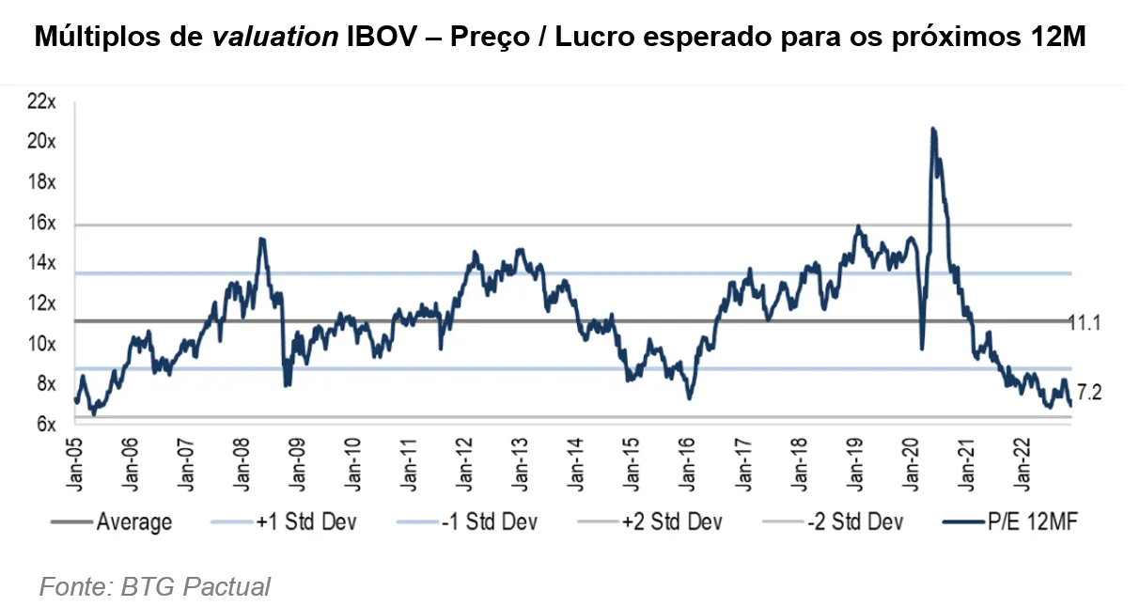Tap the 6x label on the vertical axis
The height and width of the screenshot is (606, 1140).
click(x=47, y=425)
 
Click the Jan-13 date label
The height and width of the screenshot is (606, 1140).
click(x=518, y=460)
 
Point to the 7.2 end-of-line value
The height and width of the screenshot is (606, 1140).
click(x=1088, y=391)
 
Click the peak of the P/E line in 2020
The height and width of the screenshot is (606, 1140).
click(x=932, y=129)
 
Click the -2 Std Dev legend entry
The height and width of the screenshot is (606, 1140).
click(x=856, y=522)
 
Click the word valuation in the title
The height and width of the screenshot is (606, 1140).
click(x=273, y=39)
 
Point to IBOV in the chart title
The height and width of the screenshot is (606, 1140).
click(x=378, y=39)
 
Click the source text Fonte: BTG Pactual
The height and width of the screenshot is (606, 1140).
click(x=155, y=587)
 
